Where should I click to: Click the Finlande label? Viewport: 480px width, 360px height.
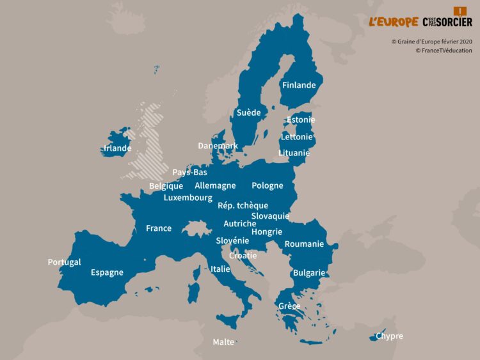pyautogui.click(x=299, y=85)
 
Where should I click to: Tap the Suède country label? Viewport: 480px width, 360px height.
pyautogui.click(x=248, y=113)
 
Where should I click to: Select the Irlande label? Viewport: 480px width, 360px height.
pyautogui.click(x=117, y=148)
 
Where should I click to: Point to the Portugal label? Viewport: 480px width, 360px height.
pyautogui.click(x=64, y=262)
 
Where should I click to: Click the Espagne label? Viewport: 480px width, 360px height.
pyautogui.click(x=107, y=272)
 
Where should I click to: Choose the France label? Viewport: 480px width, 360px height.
pyautogui.click(x=158, y=228)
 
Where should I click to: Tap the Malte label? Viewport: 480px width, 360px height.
pyautogui.click(x=223, y=342)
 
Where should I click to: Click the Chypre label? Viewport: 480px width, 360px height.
pyautogui.click(x=389, y=336)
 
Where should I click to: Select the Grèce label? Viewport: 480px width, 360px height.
pyautogui.click(x=289, y=306)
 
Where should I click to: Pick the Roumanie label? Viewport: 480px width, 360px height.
pyautogui.click(x=304, y=244)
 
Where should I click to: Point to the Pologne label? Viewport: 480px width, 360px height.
pyautogui.click(x=267, y=185)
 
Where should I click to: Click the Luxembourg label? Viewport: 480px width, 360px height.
pyautogui.click(x=188, y=198)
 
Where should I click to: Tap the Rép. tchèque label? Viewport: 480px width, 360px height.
pyautogui.click(x=243, y=205)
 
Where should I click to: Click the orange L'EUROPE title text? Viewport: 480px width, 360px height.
pyautogui.click(x=393, y=22)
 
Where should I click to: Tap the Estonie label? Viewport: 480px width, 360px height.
pyautogui.click(x=300, y=120)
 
